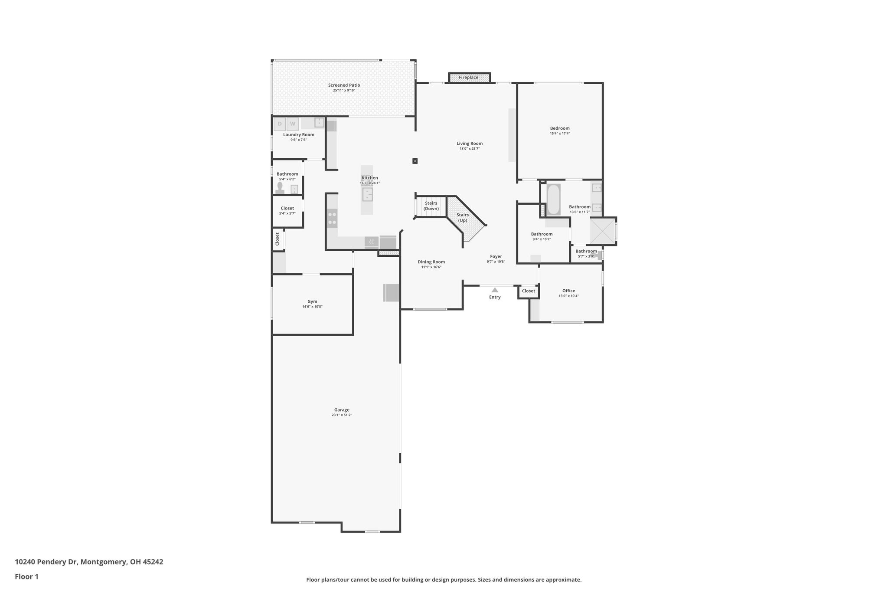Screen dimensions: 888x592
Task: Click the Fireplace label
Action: pyautogui.click(x=468, y=78)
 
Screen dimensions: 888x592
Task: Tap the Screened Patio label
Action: pyautogui.click(x=344, y=85)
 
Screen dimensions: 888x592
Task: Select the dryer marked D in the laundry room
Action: pyautogui.click(x=280, y=124)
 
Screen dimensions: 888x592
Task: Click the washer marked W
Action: pyautogui.click(x=293, y=124)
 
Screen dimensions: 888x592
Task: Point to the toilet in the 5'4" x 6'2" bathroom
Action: pyautogui.click(x=280, y=187)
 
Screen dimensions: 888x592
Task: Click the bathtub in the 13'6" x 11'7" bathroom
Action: pyautogui.click(x=553, y=200)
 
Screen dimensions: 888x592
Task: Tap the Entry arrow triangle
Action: pyautogui.click(x=495, y=290)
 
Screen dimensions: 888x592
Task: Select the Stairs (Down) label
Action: pyautogui.click(x=431, y=206)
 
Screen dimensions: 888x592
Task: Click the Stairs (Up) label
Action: pyautogui.click(x=463, y=218)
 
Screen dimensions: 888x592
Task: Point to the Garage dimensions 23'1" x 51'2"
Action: pyautogui.click(x=342, y=415)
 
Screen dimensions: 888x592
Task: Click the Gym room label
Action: pyautogui.click(x=312, y=301)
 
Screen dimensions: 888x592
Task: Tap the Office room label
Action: pyautogui.click(x=568, y=291)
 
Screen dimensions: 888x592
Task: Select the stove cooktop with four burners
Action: pyautogui.click(x=332, y=219)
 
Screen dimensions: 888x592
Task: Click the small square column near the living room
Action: pyautogui.click(x=415, y=161)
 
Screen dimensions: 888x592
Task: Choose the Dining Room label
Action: pyautogui.click(x=431, y=262)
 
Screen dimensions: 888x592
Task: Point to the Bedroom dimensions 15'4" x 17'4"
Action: pyautogui.click(x=560, y=134)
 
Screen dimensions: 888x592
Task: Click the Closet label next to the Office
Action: pyautogui.click(x=529, y=291)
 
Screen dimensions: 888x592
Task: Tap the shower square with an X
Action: pyautogui.click(x=602, y=231)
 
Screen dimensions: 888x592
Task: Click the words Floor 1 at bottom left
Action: pyautogui.click(x=26, y=576)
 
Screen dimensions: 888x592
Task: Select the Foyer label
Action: pyautogui.click(x=496, y=256)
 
